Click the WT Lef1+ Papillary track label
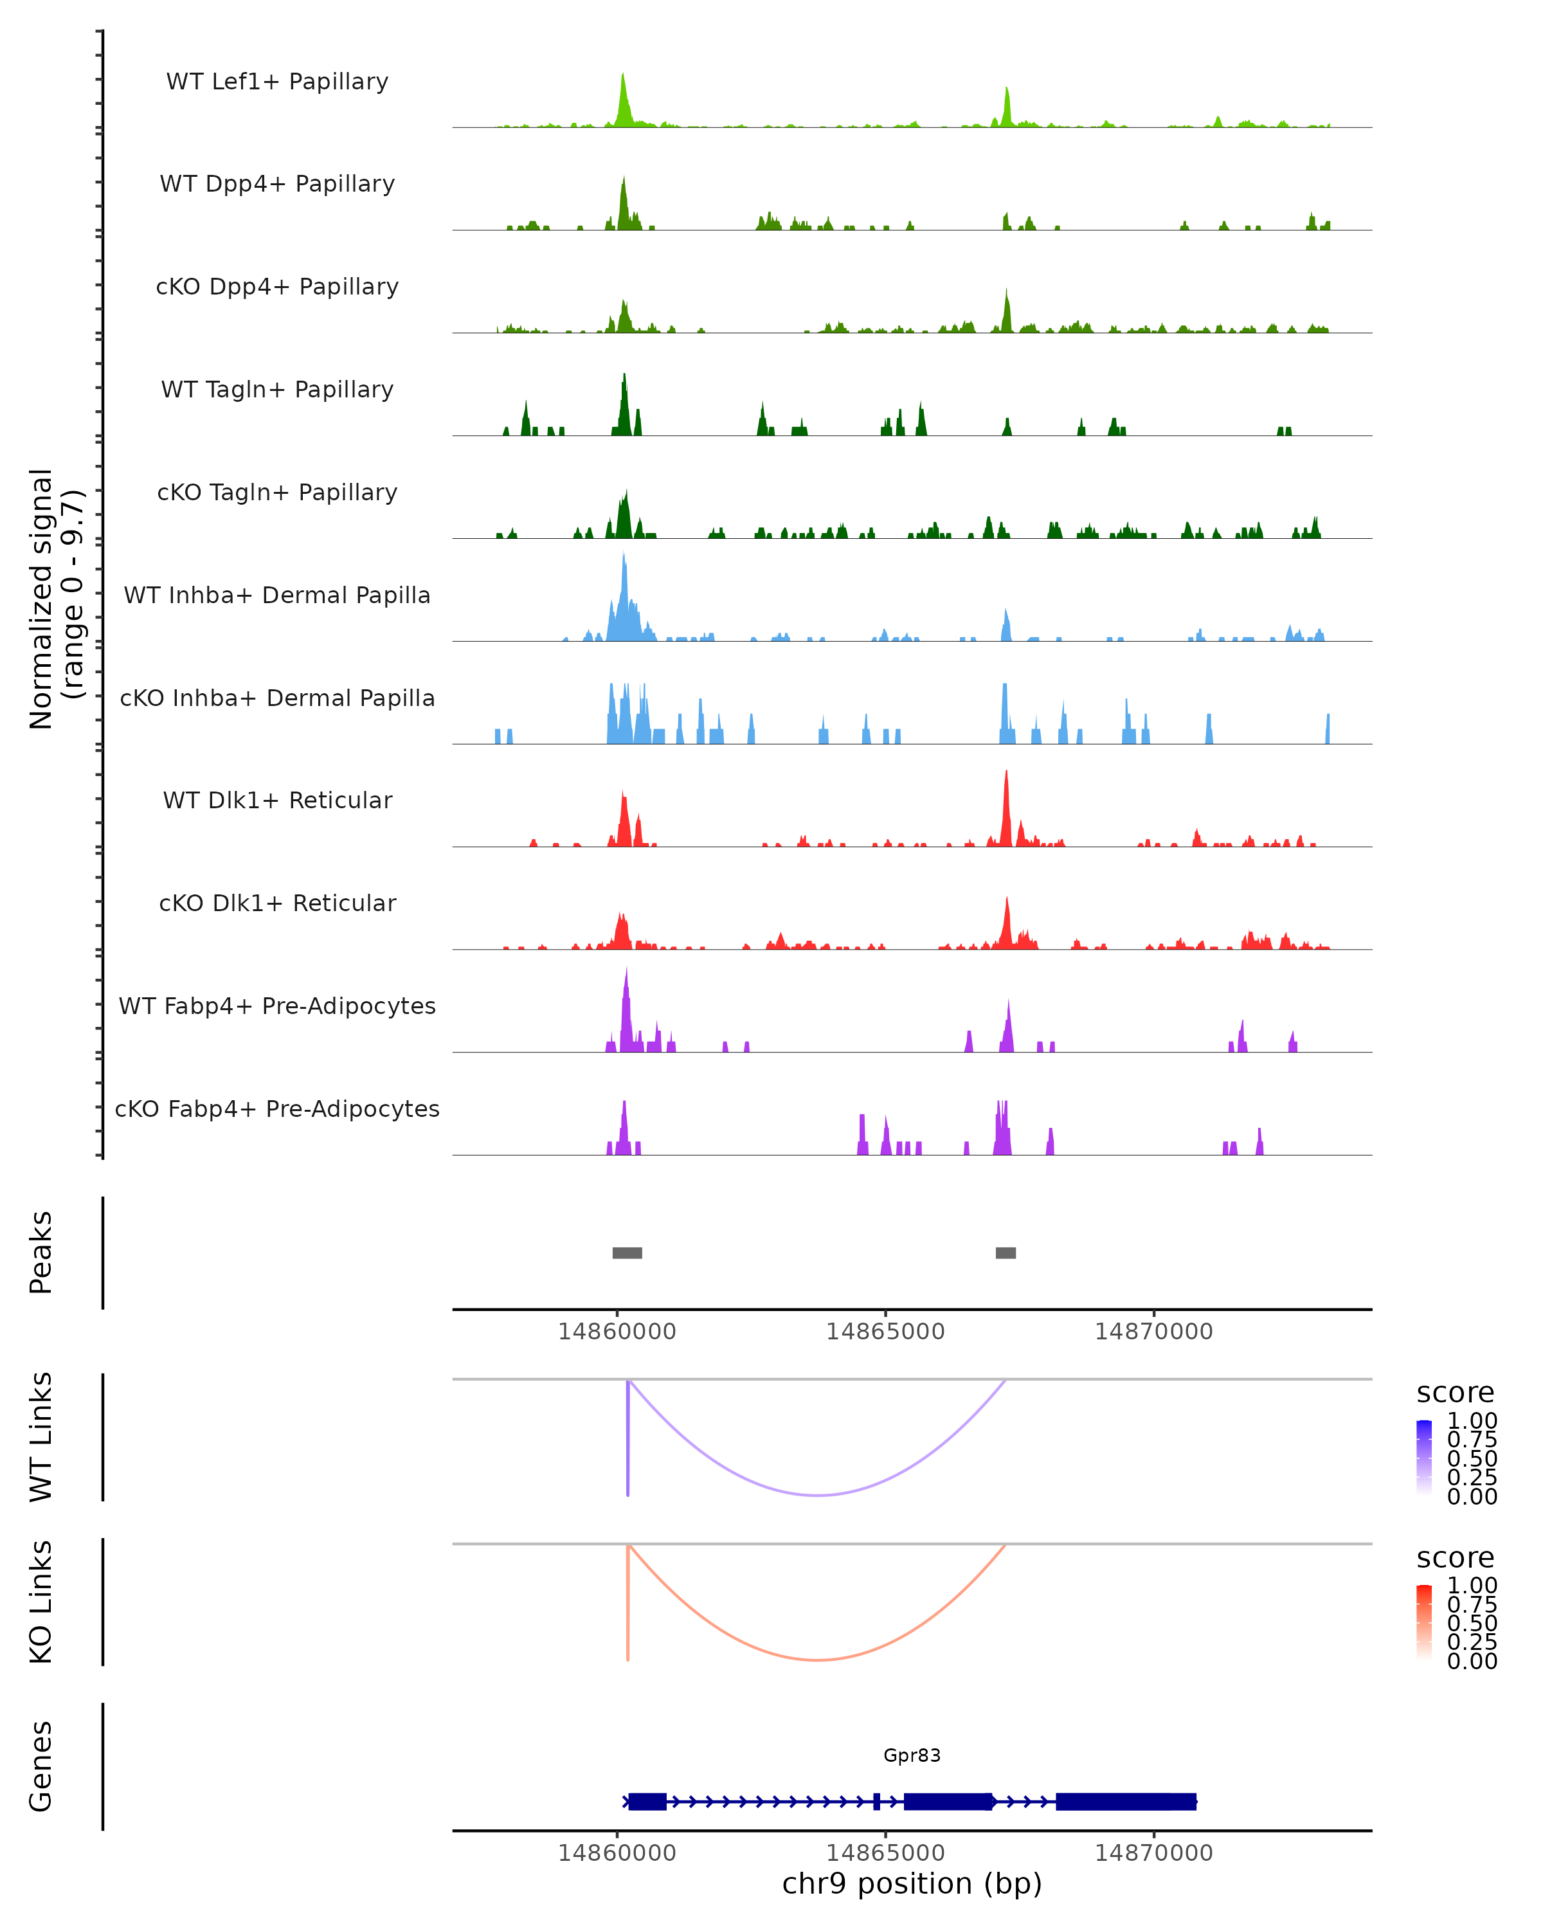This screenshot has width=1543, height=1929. (x=277, y=82)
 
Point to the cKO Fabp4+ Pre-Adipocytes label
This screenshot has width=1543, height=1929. (x=277, y=1109)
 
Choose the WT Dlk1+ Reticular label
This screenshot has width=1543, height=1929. (x=277, y=800)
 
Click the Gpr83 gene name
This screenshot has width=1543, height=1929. (x=912, y=1755)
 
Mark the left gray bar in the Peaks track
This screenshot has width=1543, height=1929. (x=627, y=1253)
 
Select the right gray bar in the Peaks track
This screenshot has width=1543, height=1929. (x=1006, y=1253)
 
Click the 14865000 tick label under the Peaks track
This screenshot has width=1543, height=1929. (x=885, y=1332)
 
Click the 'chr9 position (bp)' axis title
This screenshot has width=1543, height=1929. (x=912, y=1884)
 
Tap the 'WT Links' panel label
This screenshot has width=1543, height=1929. (x=41, y=1437)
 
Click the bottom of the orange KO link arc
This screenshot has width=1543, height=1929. (x=818, y=1660)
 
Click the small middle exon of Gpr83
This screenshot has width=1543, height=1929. (x=876, y=1802)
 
